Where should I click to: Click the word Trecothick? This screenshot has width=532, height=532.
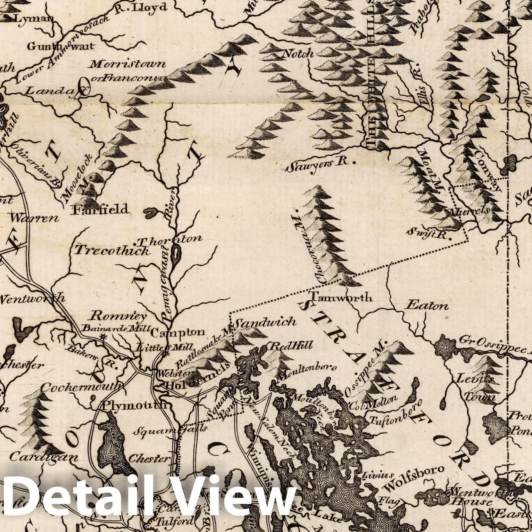pos(112,250)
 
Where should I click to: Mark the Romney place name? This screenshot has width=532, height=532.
pos(109,315)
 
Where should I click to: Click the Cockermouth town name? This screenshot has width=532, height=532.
pos(81,387)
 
